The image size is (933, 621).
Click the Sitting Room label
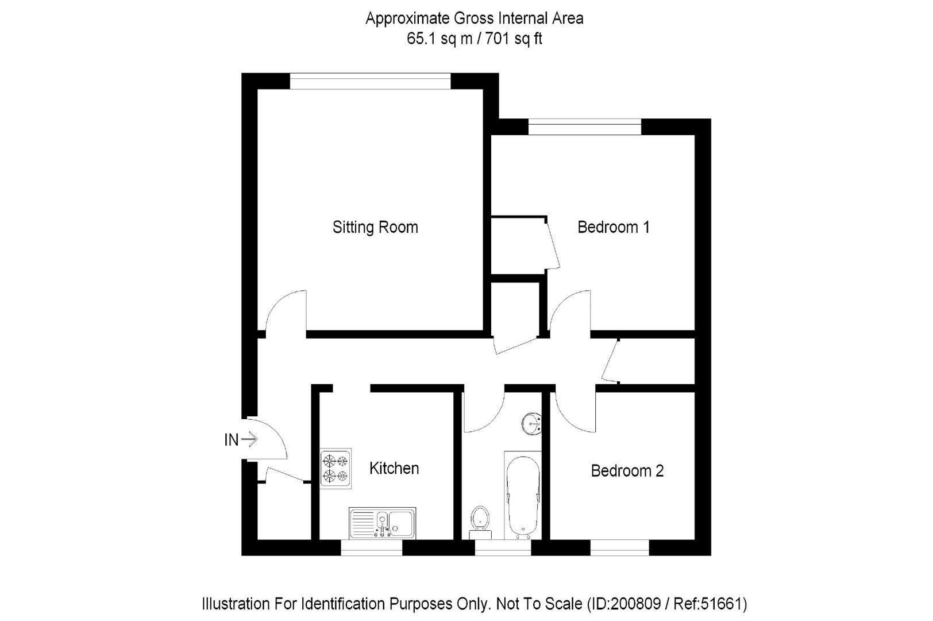tap(375, 227)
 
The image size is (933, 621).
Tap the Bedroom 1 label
tap(613, 227)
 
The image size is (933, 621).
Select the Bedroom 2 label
tap(627, 471)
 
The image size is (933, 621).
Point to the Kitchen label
tap(394, 468)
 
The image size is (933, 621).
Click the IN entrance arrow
tap(249, 440)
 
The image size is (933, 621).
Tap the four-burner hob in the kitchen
tap(336, 468)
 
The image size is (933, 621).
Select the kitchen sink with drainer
tap(382, 523)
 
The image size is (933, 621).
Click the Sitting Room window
tap(370, 81)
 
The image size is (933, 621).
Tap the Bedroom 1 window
tap(584, 126)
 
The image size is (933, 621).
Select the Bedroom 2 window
tap(619, 547)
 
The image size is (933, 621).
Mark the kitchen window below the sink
tap(371, 547)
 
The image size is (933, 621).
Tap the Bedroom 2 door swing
tap(575, 411)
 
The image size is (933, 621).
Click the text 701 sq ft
tap(514, 39)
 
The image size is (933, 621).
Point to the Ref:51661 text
tap(722, 604)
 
